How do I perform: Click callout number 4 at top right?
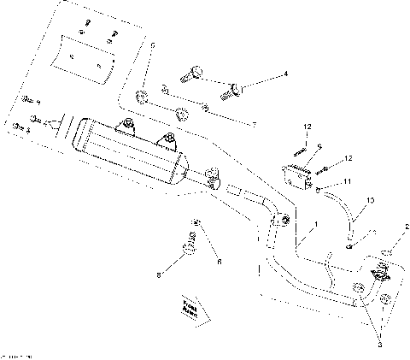(x=285, y=74)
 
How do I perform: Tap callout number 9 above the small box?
(x=319, y=147)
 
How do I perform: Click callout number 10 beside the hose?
(x=370, y=201)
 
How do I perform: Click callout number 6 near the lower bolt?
(x=219, y=262)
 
